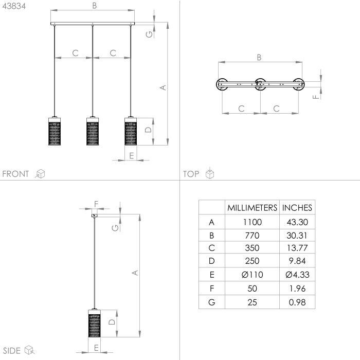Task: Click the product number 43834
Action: [x=14, y=6]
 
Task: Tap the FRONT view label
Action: [x=15, y=174]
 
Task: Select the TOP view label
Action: [x=191, y=174]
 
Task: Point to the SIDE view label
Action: [x=12, y=351]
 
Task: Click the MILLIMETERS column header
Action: [x=252, y=208]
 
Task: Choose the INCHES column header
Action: [x=297, y=208]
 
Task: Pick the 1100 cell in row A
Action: [x=253, y=222]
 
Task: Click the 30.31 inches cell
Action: [x=297, y=236]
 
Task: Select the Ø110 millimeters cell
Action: [x=252, y=275]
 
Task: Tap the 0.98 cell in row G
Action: [x=297, y=302]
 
